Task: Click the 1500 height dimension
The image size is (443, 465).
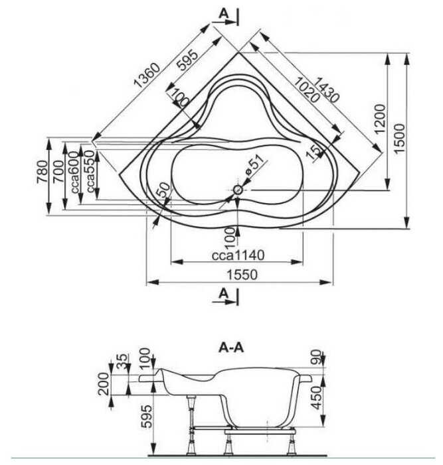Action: tap(399, 139)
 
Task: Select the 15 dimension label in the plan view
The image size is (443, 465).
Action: tap(310, 151)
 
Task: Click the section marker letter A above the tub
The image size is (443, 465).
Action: tap(223, 13)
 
